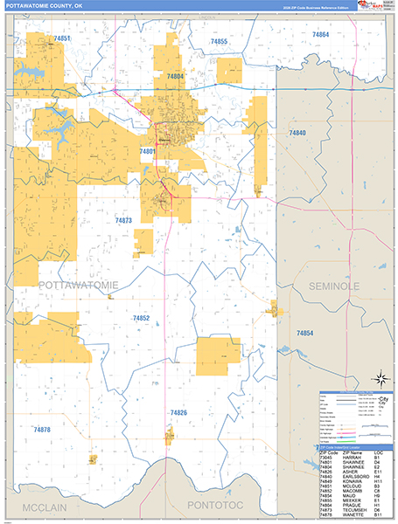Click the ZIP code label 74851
(x=61, y=39)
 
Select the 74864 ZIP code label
(x=320, y=34)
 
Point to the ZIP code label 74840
(x=297, y=132)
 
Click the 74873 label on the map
(x=122, y=221)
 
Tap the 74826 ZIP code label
(x=178, y=412)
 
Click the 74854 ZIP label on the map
(x=304, y=334)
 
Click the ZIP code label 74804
(x=176, y=77)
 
